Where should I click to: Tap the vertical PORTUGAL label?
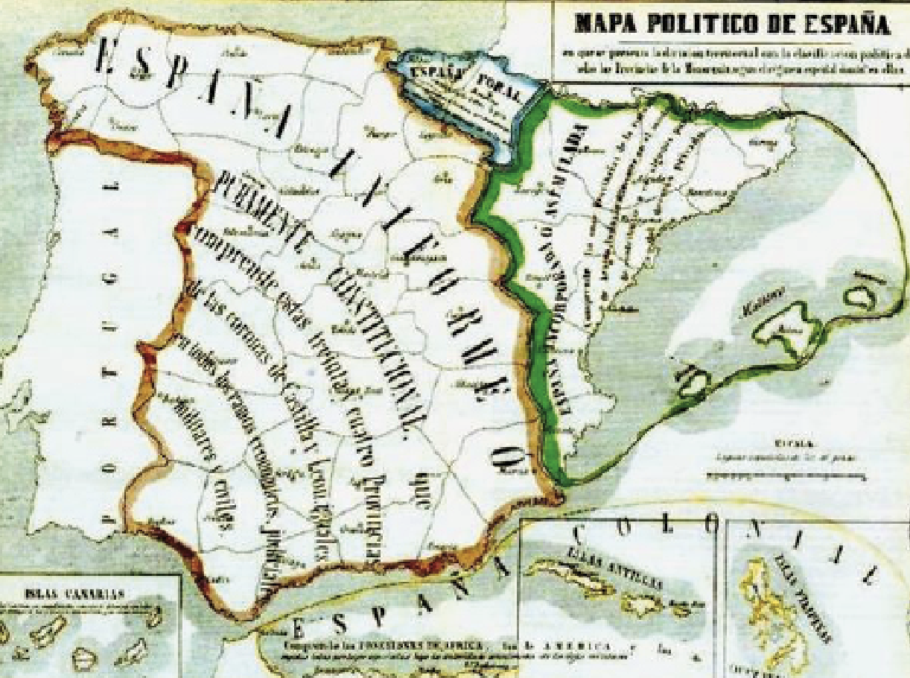111,350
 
